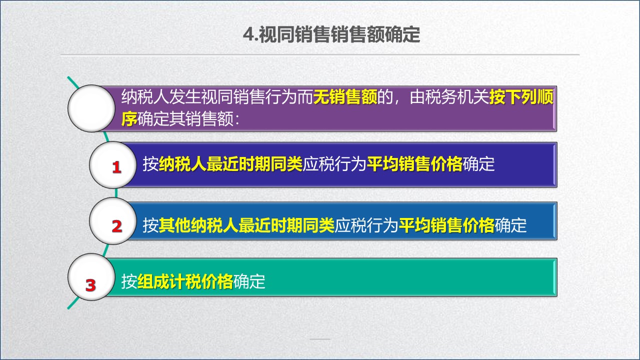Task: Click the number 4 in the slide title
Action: (247, 35)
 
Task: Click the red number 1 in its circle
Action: (116, 167)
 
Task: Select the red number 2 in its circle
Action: (116, 226)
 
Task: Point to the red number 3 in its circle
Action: (90, 285)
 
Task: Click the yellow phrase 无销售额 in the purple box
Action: (345, 96)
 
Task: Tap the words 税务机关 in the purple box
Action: (457, 96)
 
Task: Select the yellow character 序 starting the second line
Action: (129, 119)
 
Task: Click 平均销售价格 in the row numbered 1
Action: (414, 164)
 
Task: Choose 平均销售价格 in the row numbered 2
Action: (446, 225)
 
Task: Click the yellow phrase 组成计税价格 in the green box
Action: (185, 282)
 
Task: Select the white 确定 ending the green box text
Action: (249, 282)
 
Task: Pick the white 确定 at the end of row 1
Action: (478, 164)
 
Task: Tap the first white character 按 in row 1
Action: (150, 164)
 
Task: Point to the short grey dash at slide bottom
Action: (320, 339)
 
